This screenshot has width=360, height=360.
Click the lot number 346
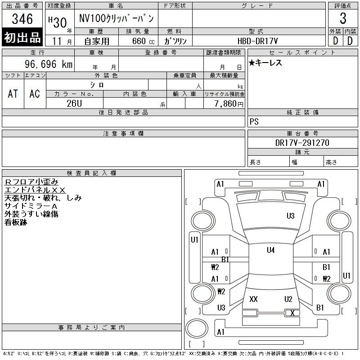(x=22, y=19)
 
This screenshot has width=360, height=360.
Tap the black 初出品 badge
(x=22, y=37)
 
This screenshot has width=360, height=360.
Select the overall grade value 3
(x=343, y=18)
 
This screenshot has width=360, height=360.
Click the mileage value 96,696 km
(x=49, y=64)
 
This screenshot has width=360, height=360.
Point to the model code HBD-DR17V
(x=257, y=41)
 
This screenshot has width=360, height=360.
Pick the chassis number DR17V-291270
(x=302, y=143)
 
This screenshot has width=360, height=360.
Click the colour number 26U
(x=74, y=103)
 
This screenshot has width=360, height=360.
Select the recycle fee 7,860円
(x=229, y=104)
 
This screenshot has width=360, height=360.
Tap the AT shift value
(x=13, y=94)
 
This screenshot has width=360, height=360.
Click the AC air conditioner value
(x=35, y=94)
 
